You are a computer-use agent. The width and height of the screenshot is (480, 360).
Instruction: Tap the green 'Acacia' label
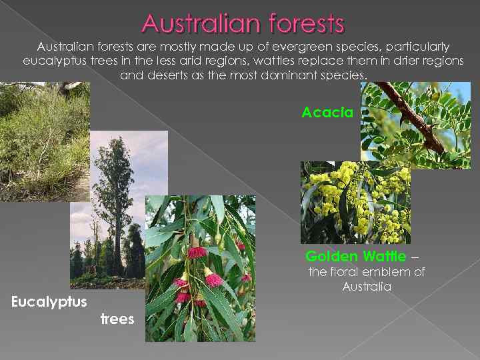327,112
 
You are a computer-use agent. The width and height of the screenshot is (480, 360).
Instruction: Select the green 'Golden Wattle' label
355,256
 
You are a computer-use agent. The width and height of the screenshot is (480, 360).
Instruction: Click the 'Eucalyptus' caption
49,302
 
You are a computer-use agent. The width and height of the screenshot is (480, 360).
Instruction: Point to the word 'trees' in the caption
117,319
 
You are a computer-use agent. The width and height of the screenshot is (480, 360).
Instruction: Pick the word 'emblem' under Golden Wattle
383,272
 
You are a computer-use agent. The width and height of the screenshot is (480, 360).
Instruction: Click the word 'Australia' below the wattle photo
366,287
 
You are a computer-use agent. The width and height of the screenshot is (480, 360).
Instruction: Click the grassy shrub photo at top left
43,140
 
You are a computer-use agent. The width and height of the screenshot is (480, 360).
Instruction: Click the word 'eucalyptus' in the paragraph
51,61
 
